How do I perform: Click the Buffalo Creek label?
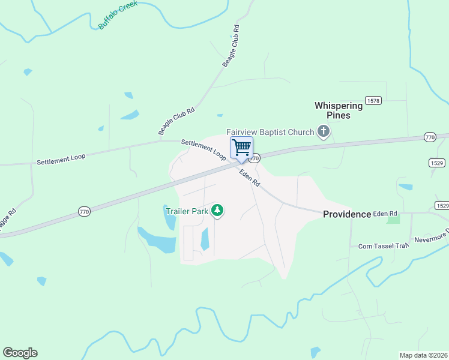coord(118,14)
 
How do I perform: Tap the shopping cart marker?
coord(241,147)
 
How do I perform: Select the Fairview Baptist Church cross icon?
coord(324,131)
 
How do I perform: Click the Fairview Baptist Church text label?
coord(270,132)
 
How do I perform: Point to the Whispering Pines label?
coord(339,110)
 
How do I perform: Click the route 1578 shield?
coord(373,101)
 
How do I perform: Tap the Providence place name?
coord(347,214)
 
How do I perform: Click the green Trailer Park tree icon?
coord(217,211)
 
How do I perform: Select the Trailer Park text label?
coord(186,211)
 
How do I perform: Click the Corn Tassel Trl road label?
coord(383,245)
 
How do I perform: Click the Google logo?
coord(20,353)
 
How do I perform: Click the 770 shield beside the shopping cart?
coord(255,158)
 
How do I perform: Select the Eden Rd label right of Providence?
coord(385,214)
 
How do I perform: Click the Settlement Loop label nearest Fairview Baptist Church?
coord(203,149)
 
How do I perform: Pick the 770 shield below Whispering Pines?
coord(429,137)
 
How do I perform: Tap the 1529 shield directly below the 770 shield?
coord(436,163)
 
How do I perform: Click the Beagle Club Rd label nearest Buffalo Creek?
coord(231,46)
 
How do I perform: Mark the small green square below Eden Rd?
coord(393,220)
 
